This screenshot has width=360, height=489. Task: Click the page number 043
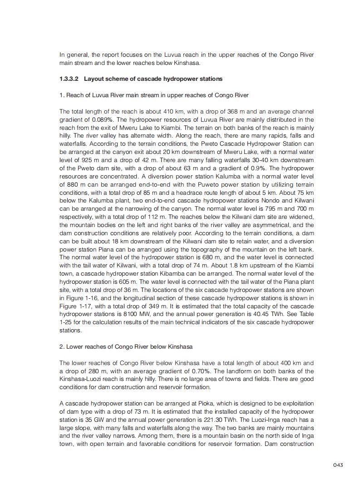pyautogui.click(x=337, y=464)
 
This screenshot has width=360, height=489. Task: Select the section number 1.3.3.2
pyautogui.click(x=69, y=79)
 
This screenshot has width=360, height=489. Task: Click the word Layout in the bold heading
pyautogui.click(x=94, y=79)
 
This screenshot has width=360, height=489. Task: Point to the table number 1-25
pyautogui.click(x=66, y=322)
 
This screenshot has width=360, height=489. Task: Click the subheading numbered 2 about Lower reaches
pyautogui.click(x=126, y=347)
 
